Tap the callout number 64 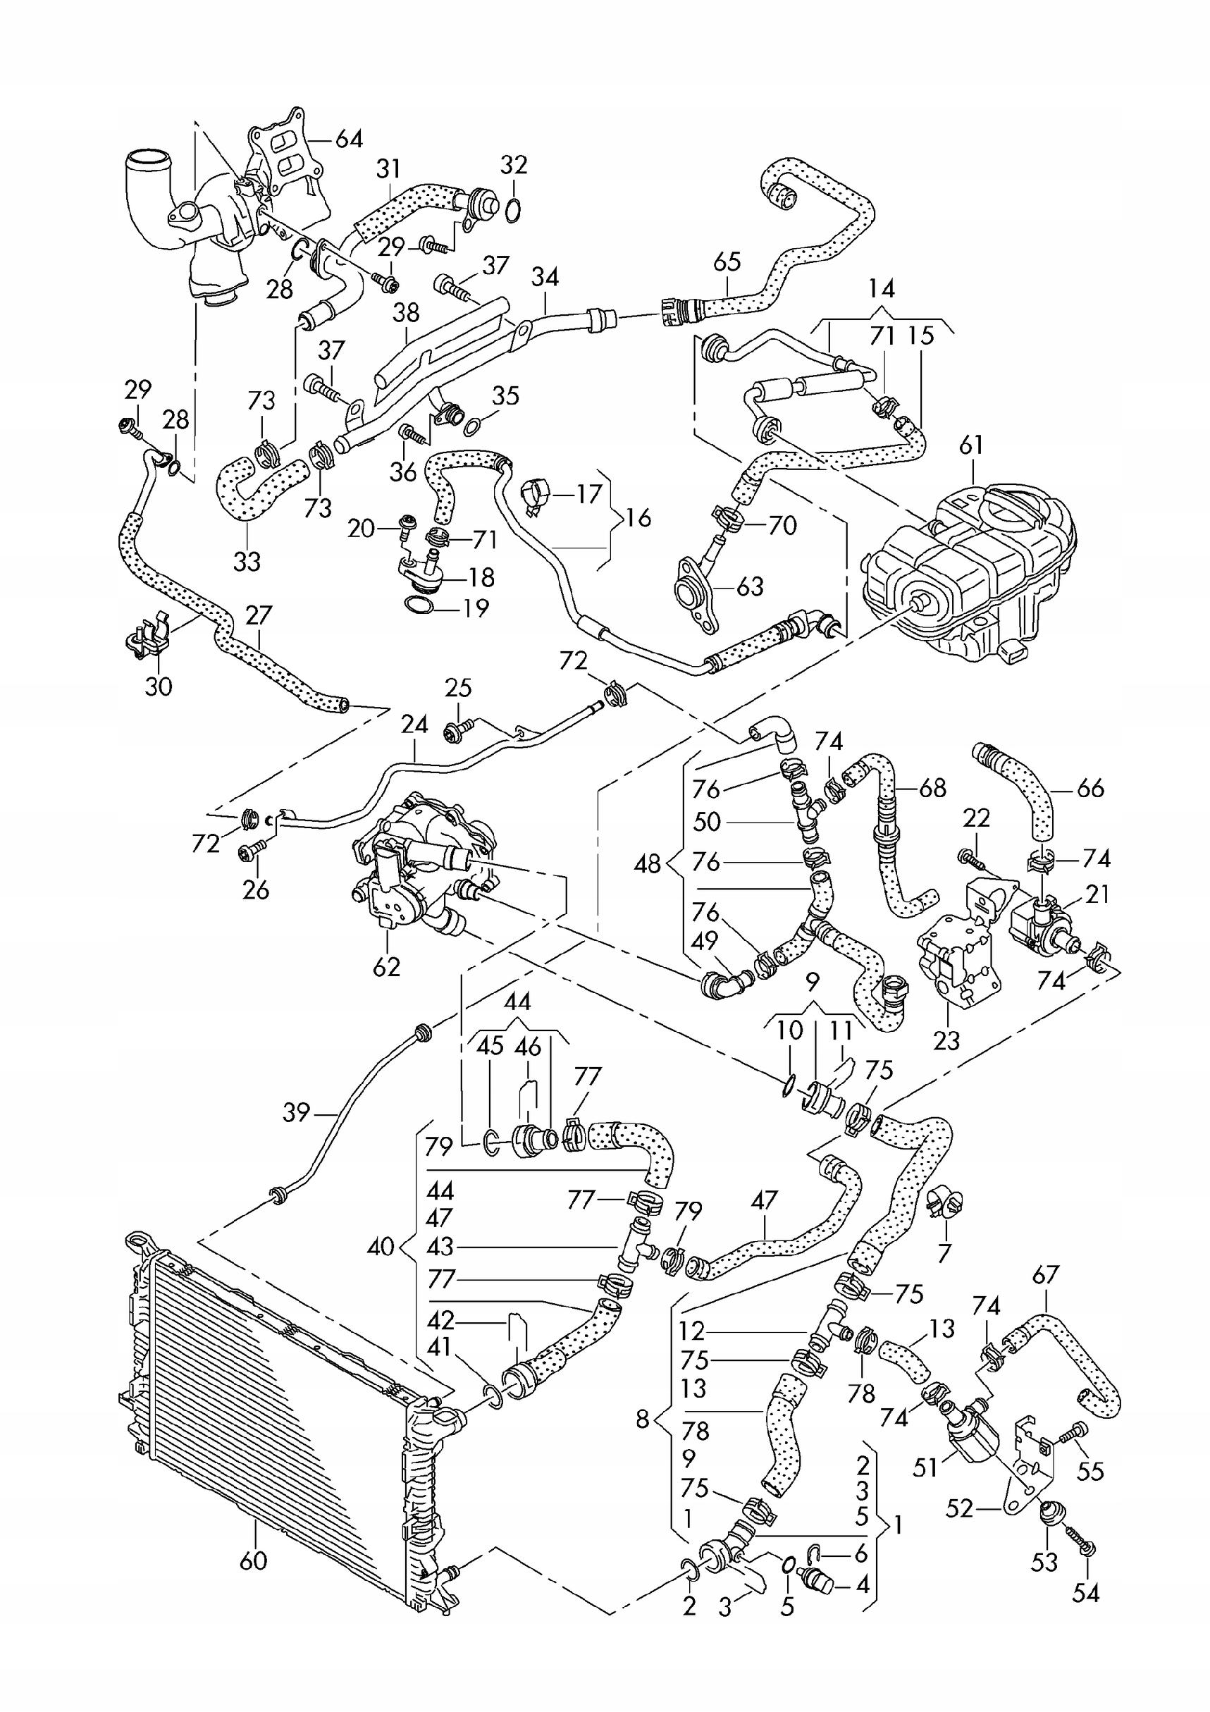[348, 139]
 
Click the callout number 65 [727, 261]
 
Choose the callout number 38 [407, 312]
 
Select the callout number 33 [247, 560]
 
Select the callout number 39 [297, 1113]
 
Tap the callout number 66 [1090, 788]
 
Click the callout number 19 [475, 608]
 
